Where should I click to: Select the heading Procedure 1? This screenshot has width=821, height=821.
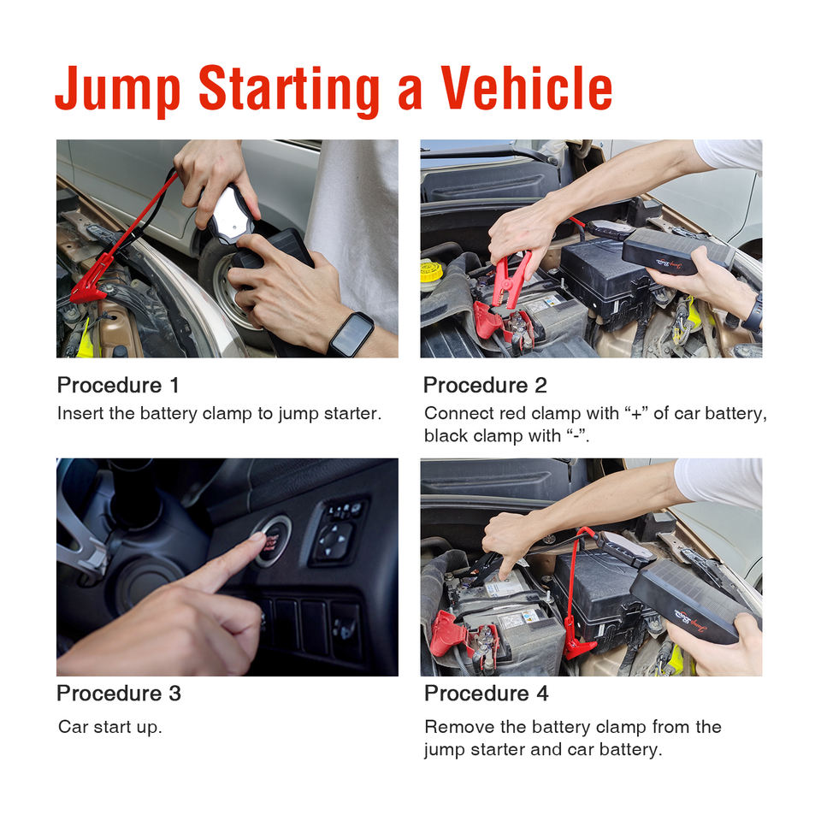pyautogui.click(x=118, y=385)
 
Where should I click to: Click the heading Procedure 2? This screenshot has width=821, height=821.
pyautogui.click(x=485, y=385)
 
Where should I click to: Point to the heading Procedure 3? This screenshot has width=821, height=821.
pyautogui.click(x=119, y=693)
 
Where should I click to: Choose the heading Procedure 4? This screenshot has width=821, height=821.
pyautogui.click(x=487, y=693)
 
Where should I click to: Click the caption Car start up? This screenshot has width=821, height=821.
pyautogui.click(x=110, y=727)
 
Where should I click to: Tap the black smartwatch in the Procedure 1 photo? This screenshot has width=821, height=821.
pyautogui.click(x=351, y=334)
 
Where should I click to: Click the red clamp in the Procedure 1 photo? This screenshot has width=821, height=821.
pyautogui.click(x=92, y=283)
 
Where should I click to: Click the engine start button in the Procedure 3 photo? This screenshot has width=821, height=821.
pyautogui.click(x=271, y=541)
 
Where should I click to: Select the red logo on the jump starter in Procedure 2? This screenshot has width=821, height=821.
pyautogui.click(x=669, y=263)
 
